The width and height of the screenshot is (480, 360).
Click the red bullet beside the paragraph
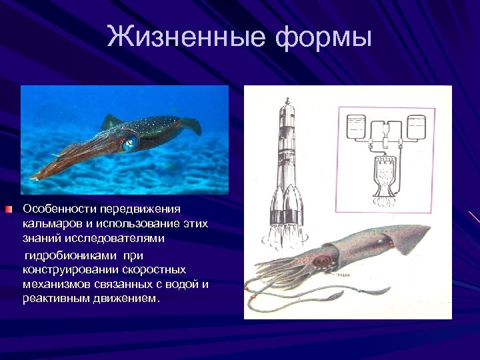(x=7, y=210)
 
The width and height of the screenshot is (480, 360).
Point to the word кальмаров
(x=51, y=224)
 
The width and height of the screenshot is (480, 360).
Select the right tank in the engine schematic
(x=416, y=127)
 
